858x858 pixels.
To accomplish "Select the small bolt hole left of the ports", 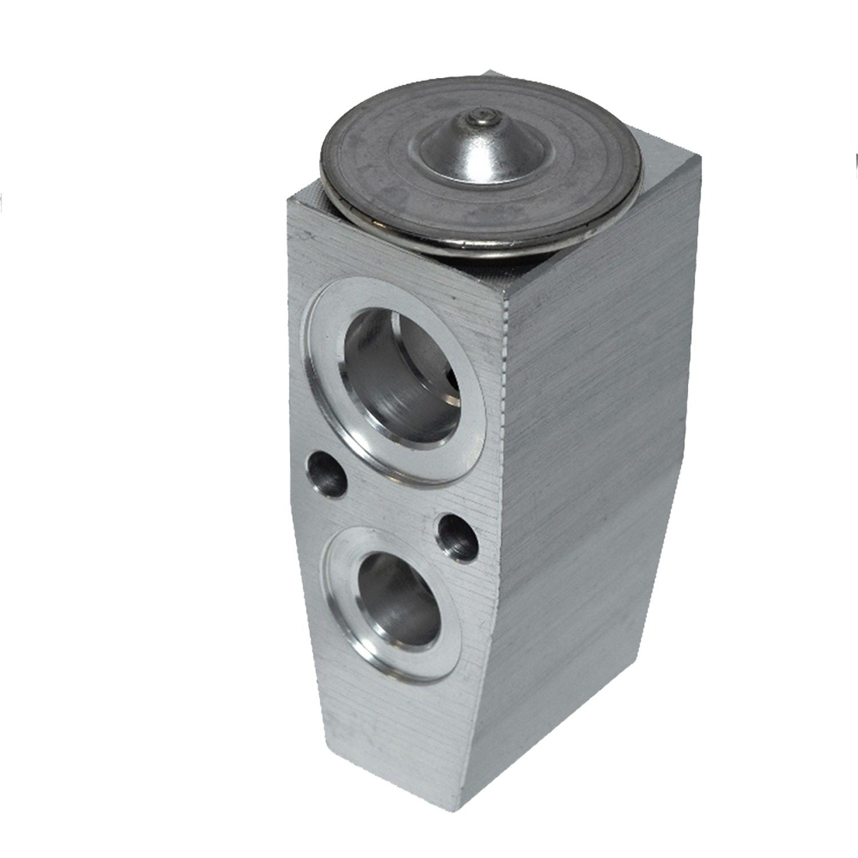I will click(327, 474).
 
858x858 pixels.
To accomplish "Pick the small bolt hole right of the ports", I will click(457, 537).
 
